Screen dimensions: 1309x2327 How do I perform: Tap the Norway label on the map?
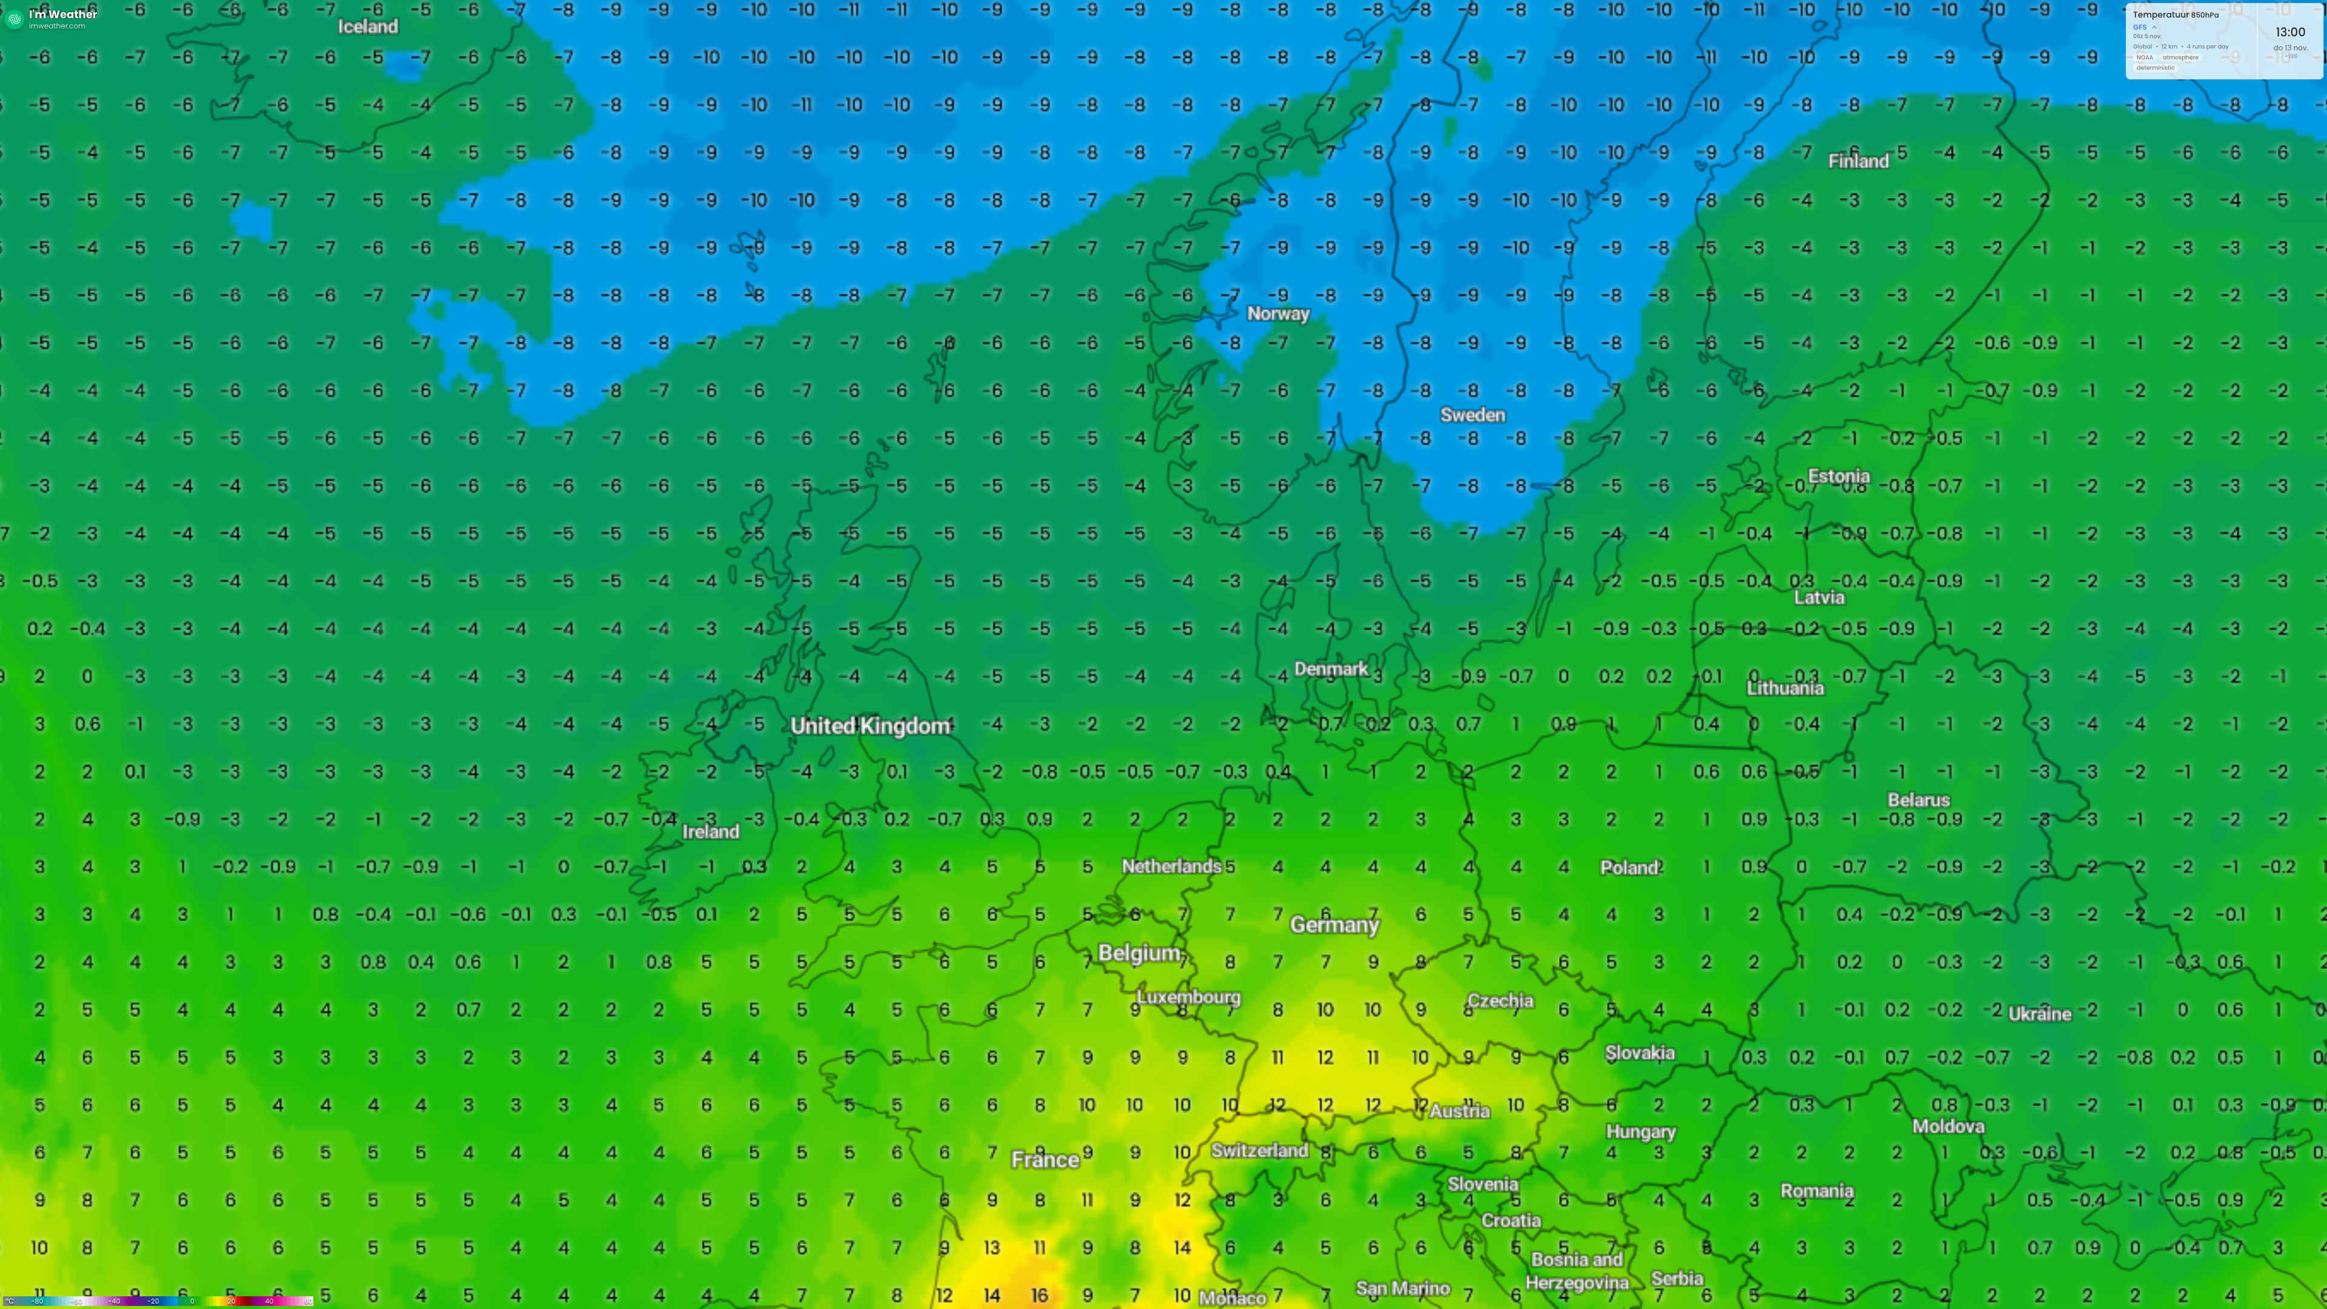pos(1277,313)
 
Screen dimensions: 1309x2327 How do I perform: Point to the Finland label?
pos(1858,161)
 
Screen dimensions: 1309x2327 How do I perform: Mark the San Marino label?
pos(1402,1288)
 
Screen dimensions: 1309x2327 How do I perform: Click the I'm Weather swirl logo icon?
pos(15,19)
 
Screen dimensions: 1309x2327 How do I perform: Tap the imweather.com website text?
pos(57,26)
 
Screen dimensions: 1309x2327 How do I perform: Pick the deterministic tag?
pos(2156,68)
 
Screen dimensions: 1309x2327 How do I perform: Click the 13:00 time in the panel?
pos(2290,32)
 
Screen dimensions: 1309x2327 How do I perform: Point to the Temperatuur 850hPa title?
pos(2176,15)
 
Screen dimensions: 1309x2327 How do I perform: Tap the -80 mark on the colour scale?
pos(38,1301)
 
